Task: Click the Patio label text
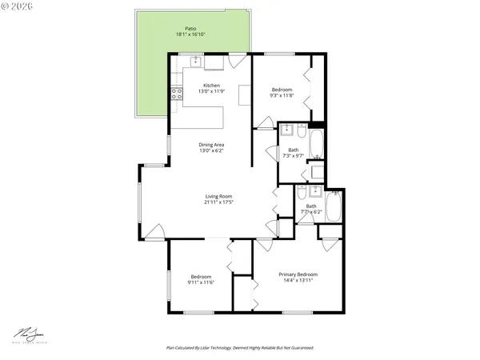tap(186, 30)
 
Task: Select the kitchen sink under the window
tap(195, 61)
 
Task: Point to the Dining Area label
tap(211, 144)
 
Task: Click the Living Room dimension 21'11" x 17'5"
tap(218, 202)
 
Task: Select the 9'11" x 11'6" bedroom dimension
tap(201, 282)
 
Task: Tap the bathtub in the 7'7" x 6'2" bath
tap(334, 206)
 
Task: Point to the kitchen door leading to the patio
tap(234, 61)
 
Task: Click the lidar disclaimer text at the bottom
tap(240, 348)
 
